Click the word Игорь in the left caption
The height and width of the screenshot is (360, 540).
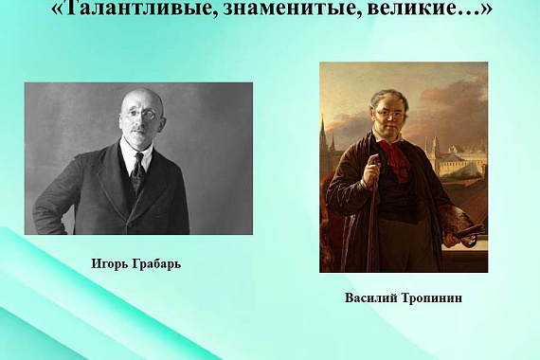pos(111,263)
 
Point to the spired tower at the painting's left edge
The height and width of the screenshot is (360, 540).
pos(324,137)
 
